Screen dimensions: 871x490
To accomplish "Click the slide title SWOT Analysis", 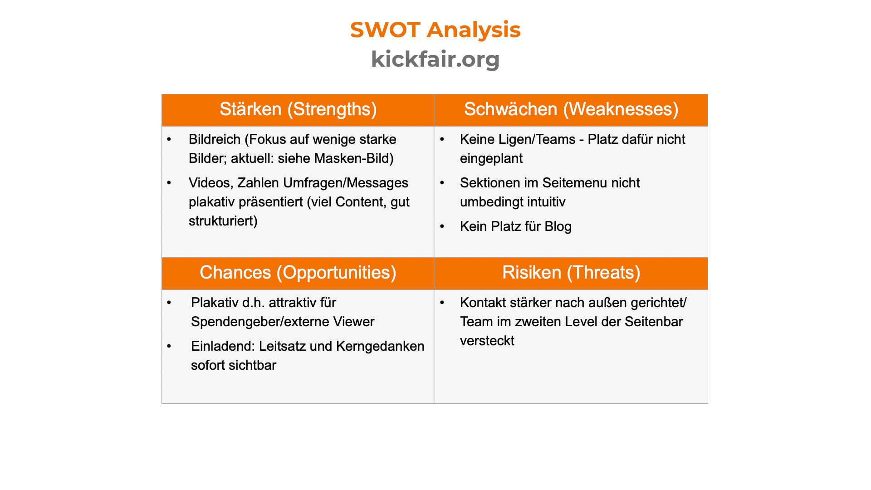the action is tap(435, 30).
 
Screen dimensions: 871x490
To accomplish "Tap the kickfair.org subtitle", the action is tap(435, 59).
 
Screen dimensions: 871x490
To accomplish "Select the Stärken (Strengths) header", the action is tap(298, 110).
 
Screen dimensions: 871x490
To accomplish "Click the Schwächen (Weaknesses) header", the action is tap(571, 110).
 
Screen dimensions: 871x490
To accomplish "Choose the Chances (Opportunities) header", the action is tap(298, 273).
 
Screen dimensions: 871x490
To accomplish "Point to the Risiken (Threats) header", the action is tap(571, 273).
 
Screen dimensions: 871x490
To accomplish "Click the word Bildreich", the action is tap(215, 139).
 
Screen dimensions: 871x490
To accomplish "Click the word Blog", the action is tap(558, 226).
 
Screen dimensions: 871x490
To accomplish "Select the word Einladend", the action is tap(223, 346).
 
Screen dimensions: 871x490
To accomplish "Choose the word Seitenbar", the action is tap(654, 322).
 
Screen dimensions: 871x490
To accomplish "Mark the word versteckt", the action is tap(487, 341).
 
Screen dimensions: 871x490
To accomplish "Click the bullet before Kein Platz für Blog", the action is tap(442, 226).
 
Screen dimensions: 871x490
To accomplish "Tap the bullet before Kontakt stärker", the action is tap(442, 303).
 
